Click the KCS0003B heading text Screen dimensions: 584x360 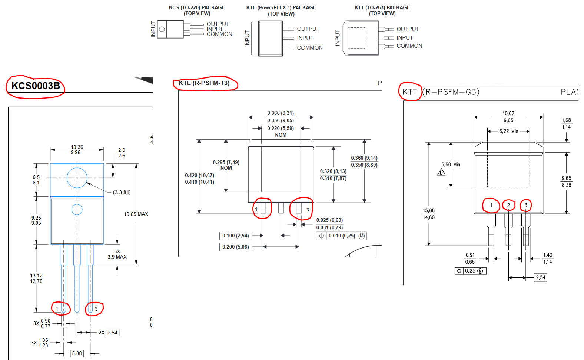click(x=36, y=86)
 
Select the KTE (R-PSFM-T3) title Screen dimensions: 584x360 click(x=204, y=83)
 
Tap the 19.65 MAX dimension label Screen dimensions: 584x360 click(x=136, y=214)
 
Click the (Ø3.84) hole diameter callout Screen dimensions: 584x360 click(x=122, y=192)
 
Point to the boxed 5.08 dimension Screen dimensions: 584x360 click(x=77, y=353)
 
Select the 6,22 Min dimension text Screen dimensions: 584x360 click(x=509, y=131)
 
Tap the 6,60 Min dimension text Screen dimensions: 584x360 click(x=451, y=164)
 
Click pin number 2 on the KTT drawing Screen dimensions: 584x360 click(x=508, y=205)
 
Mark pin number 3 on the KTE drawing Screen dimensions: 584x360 click(x=308, y=209)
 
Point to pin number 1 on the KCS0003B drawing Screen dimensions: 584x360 click(x=57, y=309)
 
